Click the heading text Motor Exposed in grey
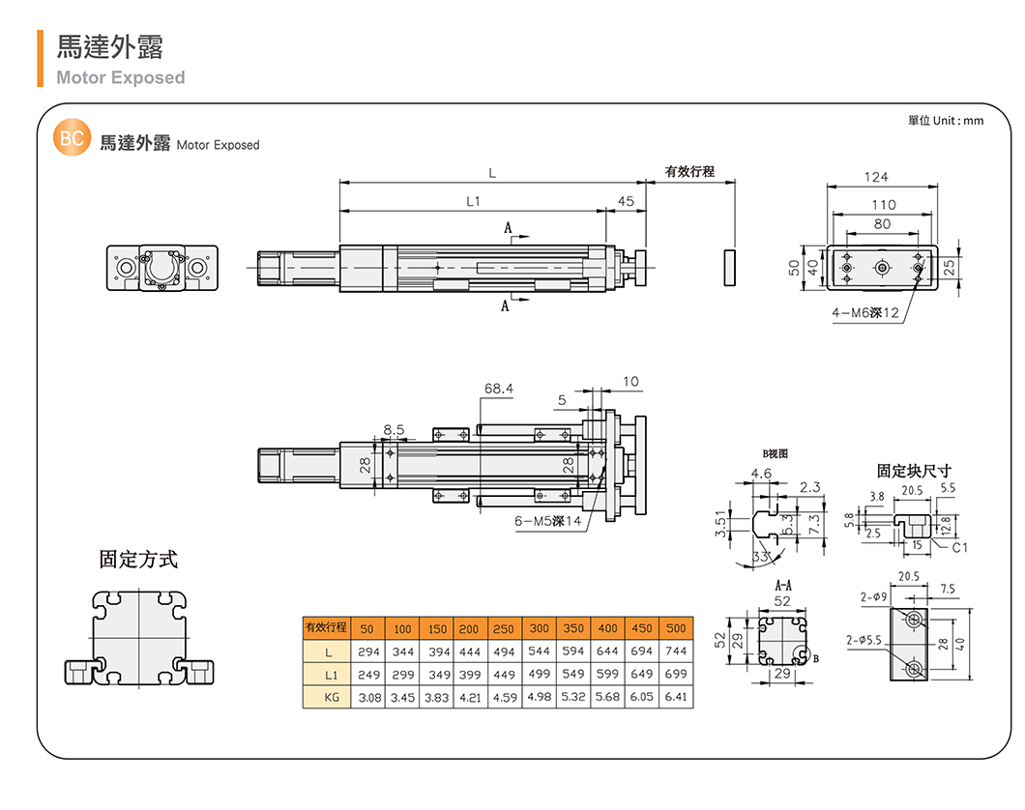(120, 77)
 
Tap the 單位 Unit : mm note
(945, 120)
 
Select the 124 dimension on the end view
(876, 177)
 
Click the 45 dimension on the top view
(625, 201)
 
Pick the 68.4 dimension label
(499, 389)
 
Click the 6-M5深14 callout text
(547, 521)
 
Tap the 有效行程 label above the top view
(689, 171)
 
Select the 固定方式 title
(139, 559)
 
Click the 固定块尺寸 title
(914, 471)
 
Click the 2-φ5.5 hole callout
(863, 639)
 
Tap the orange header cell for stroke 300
(539, 629)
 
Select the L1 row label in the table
(329, 674)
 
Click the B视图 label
(776, 452)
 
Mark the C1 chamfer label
(959, 548)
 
